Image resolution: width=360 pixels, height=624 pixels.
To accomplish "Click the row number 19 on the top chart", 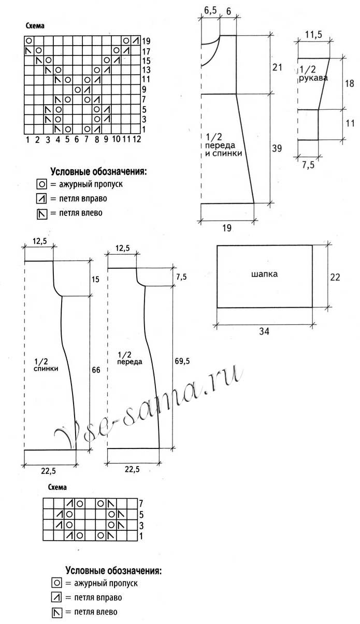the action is pos(146,41).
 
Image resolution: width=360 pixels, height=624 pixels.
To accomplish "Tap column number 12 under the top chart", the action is pos(137,139).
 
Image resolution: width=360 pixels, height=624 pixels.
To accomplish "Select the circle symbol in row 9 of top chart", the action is pos(78,90).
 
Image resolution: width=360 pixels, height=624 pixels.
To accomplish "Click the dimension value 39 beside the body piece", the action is pos(277,148).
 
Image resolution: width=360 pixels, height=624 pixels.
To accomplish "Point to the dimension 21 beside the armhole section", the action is pos(277,67).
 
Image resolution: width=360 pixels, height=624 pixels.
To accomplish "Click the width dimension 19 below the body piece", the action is pos(227,228).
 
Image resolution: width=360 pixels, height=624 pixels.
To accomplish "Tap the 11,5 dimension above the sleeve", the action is pos(313,35).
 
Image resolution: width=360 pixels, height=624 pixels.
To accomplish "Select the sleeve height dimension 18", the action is pos(349,83).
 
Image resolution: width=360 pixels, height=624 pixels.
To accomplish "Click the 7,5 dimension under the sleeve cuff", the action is pos(308,165).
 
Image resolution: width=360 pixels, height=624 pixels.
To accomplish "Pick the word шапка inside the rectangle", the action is pos(264,274).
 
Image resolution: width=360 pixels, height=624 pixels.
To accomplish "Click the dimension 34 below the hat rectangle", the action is pos(264,331).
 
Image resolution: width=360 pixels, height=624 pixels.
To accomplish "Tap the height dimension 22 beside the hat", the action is pos(335,277).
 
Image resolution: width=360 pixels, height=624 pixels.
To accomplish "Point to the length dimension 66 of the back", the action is pos(96,370).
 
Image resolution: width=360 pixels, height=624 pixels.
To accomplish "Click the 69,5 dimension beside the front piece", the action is pos(182,361).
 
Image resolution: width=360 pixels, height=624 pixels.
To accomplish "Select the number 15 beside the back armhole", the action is pos(95,279).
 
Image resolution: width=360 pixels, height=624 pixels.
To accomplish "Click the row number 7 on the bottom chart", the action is pos(141,503).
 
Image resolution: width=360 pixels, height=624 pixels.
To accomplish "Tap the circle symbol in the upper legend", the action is pos(42,184).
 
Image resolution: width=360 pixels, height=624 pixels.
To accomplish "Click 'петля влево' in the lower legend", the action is pos(96,612).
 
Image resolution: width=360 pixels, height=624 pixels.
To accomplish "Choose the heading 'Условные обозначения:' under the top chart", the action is pos(98,171).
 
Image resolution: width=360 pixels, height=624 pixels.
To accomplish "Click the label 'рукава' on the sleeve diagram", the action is pos(313,78).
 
